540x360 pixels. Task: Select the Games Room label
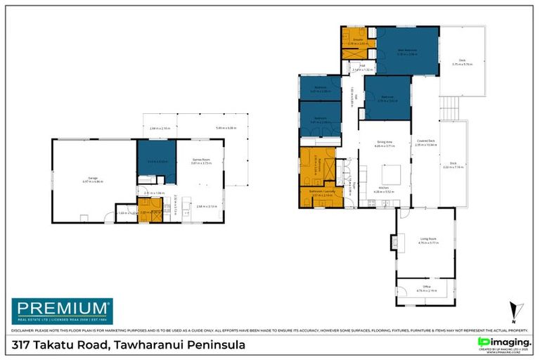200,161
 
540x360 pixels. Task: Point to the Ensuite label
354,40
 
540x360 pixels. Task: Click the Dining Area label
384,143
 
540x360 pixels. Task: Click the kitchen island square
391,173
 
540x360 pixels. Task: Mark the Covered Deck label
426,143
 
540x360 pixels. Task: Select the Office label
426,288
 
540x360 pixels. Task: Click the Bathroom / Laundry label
321,194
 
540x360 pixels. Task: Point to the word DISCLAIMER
25,330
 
